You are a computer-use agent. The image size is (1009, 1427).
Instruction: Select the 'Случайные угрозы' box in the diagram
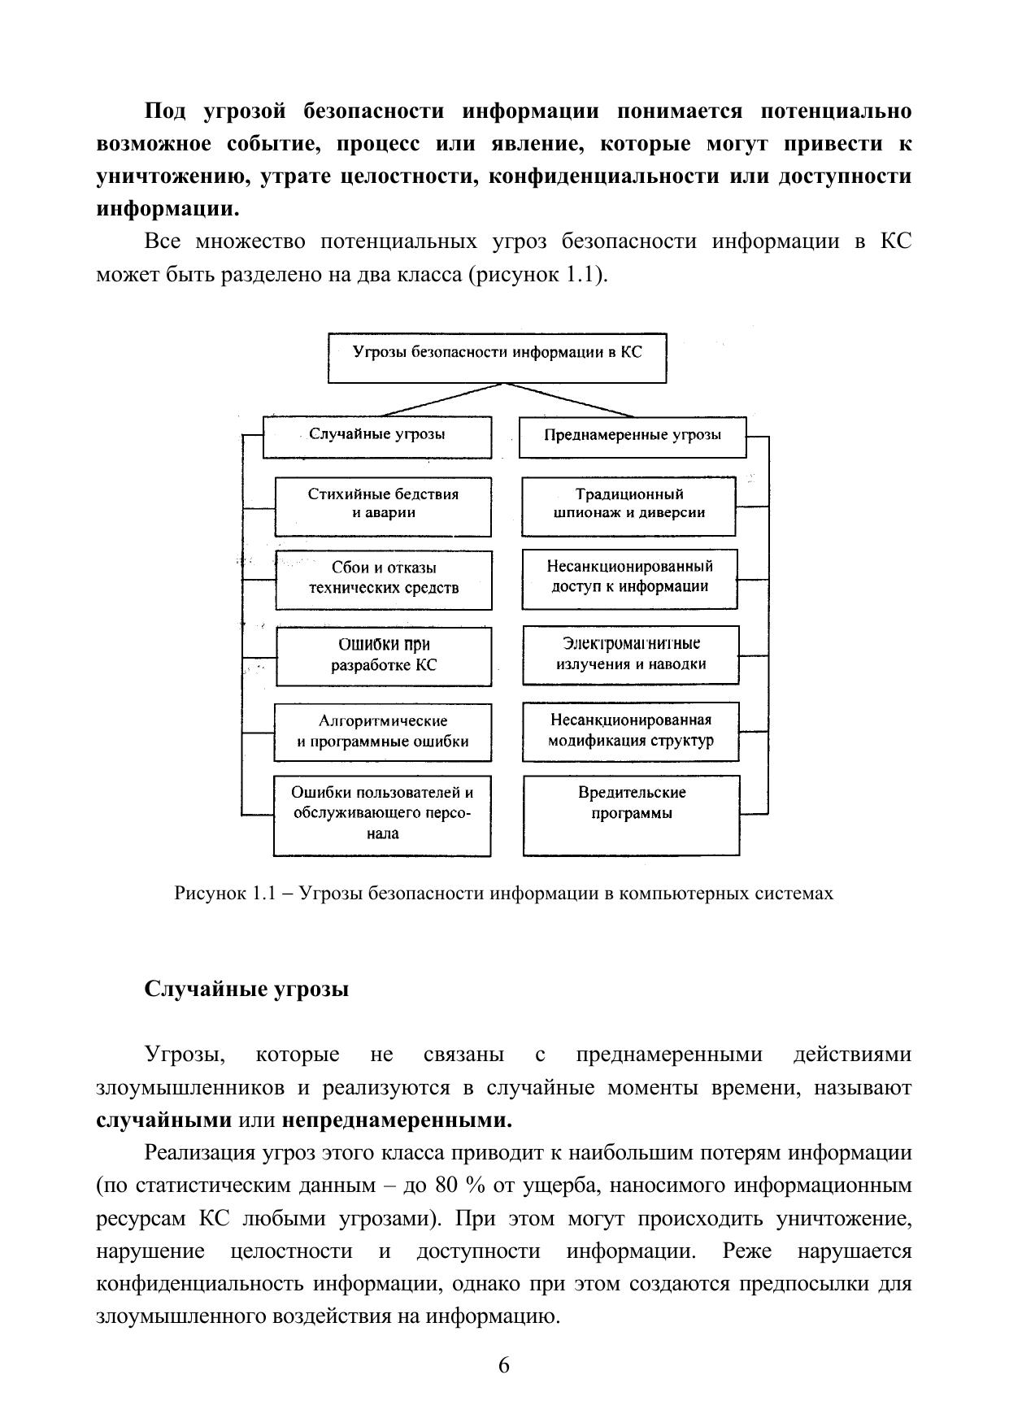tap(377, 437)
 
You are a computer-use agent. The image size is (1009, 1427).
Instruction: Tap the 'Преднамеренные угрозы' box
tap(632, 437)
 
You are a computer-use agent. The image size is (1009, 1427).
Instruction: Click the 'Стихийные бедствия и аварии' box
tap(383, 506)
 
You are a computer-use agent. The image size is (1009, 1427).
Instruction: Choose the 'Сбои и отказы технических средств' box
tap(383, 580)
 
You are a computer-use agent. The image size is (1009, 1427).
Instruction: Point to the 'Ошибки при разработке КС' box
tap(384, 655)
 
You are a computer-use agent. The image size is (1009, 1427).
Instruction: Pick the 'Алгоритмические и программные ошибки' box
tap(383, 732)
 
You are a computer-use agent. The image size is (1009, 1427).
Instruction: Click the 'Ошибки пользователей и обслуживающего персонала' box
tap(382, 815)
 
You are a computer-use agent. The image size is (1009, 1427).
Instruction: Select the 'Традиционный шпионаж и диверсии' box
tap(628, 506)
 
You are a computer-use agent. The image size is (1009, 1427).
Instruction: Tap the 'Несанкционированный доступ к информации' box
tap(629, 579)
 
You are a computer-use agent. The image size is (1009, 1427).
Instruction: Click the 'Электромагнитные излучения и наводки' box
tap(631, 655)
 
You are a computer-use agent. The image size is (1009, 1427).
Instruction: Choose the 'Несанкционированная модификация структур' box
tap(631, 732)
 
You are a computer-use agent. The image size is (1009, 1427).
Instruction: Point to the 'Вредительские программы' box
tap(632, 815)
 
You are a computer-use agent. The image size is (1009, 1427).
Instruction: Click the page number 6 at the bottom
tap(504, 1364)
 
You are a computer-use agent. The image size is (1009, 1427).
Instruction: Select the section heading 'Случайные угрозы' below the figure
tap(246, 990)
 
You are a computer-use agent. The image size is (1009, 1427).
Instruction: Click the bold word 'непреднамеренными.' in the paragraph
tap(398, 1120)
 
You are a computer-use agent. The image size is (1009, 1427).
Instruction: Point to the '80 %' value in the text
tap(460, 1186)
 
